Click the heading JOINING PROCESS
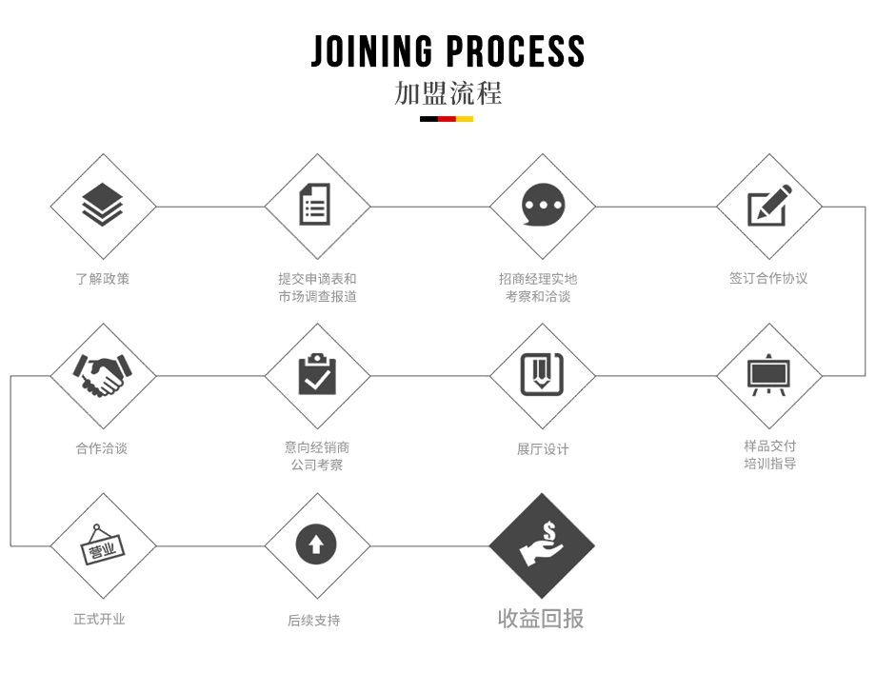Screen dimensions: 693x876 click(x=448, y=50)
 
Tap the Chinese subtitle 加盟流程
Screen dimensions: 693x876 click(x=448, y=93)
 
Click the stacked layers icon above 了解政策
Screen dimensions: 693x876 click(x=102, y=206)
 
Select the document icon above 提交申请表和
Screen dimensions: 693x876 click(x=316, y=206)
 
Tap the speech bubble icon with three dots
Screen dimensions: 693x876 click(x=543, y=206)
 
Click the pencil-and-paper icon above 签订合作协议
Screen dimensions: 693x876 click(x=768, y=206)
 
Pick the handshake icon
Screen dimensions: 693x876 click(x=102, y=375)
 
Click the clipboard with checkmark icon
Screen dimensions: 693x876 click(x=316, y=375)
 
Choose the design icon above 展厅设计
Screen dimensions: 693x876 click(x=543, y=375)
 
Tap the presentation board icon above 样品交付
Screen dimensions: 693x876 click(x=768, y=375)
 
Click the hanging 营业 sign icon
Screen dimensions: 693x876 click(x=102, y=545)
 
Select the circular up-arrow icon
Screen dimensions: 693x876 click(x=316, y=545)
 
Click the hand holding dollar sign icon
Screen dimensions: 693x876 click(x=543, y=545)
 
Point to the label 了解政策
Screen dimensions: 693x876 click(x=102, y=279)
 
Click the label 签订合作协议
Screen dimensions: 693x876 click(x=768, y=279)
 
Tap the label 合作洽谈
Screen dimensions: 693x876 click(x=102, y=448)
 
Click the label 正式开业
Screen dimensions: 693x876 click(x=100, y=619)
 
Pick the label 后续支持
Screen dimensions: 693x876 click(x=314, y=621)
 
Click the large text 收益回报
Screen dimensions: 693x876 click(x=541, y=619)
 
